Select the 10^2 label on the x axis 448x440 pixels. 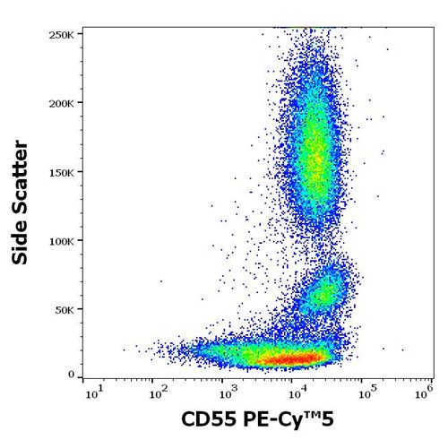[156, 391]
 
